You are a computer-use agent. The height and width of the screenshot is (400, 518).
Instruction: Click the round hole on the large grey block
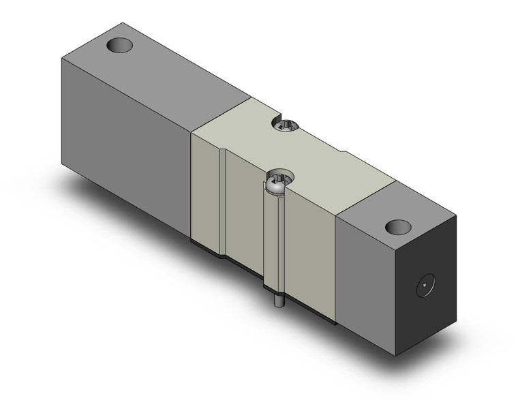click(120, 46)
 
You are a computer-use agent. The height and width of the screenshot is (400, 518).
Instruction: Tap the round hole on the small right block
click(395, 227)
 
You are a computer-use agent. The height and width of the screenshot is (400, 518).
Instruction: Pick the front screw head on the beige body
click(278, 182)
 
